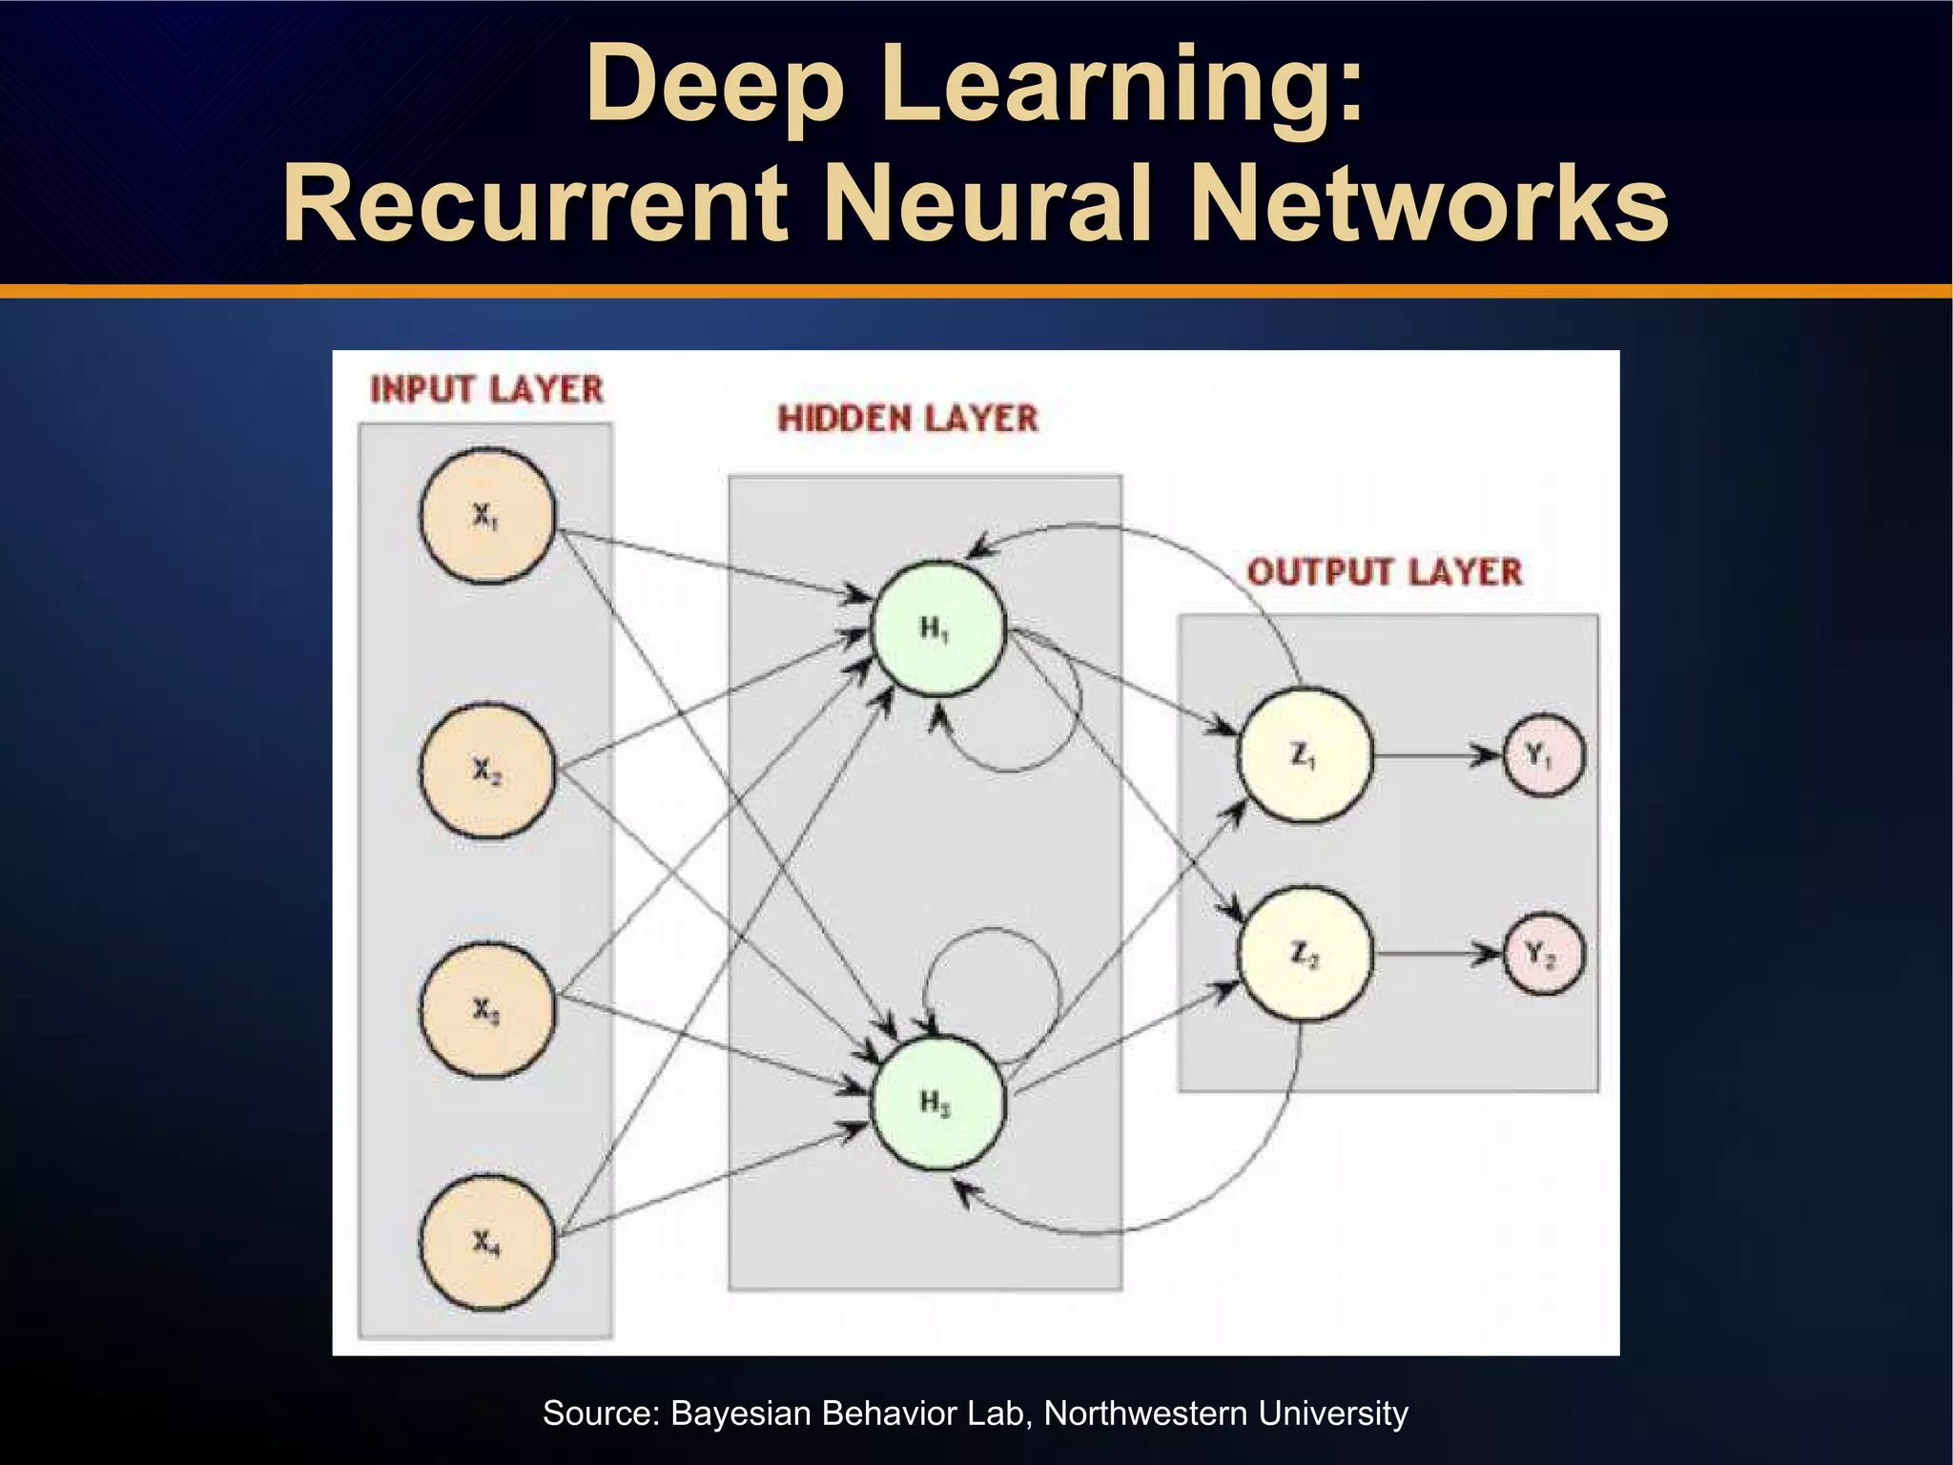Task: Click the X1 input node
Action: tap(487, 516)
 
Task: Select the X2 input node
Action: tap(487, 770)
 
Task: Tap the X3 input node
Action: tap(487, 1010)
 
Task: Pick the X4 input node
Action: tap(487, 1243)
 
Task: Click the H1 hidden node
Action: tap(936, 629)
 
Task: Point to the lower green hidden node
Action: tap(936, 1103)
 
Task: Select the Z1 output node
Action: tap(1305, 755)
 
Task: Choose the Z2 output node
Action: tap(1305, 954)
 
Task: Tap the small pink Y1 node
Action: tap(1542, 755)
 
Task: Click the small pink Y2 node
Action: tap(1542, 954)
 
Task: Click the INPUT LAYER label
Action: tap(486, 389)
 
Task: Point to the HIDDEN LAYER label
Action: tap(907, 419)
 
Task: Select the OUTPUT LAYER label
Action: tap(1384, 572)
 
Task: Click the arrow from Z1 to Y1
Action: tap(1436, 755)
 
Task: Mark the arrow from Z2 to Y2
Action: tap(1436, 954)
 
